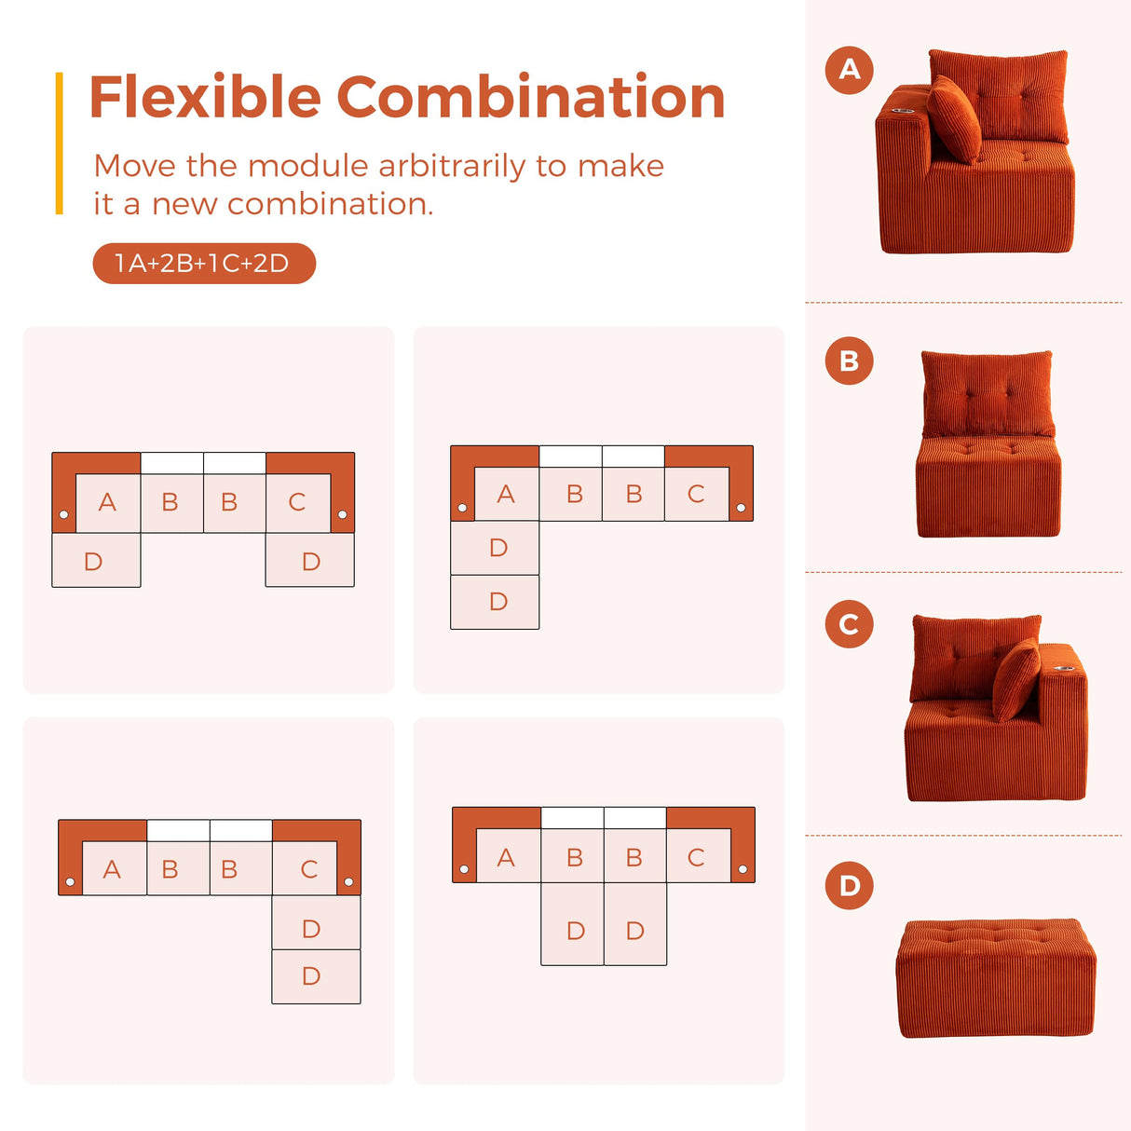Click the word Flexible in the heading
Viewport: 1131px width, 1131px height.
[205, 98]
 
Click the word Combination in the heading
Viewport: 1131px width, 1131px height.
[530, 98]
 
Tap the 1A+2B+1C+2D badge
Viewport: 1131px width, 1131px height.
[204, 264]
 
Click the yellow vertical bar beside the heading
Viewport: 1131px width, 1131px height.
[60, 143]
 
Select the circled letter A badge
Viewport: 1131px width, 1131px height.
[849, 69]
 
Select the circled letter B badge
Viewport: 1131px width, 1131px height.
[849, 361]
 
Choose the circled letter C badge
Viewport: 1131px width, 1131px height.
[849, 623]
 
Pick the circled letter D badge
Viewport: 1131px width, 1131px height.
[849, 885]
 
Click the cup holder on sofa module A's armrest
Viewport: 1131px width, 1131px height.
[901, 111]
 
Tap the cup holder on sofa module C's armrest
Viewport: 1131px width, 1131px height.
[1058, 668]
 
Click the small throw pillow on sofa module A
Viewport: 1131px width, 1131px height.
[954, 119]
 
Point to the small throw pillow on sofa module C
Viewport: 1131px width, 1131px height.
[1015, 679]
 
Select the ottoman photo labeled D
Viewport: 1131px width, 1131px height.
[995, 978]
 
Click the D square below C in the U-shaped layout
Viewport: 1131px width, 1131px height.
[310, 560]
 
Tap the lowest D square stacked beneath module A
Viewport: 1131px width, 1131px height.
[495, 602]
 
